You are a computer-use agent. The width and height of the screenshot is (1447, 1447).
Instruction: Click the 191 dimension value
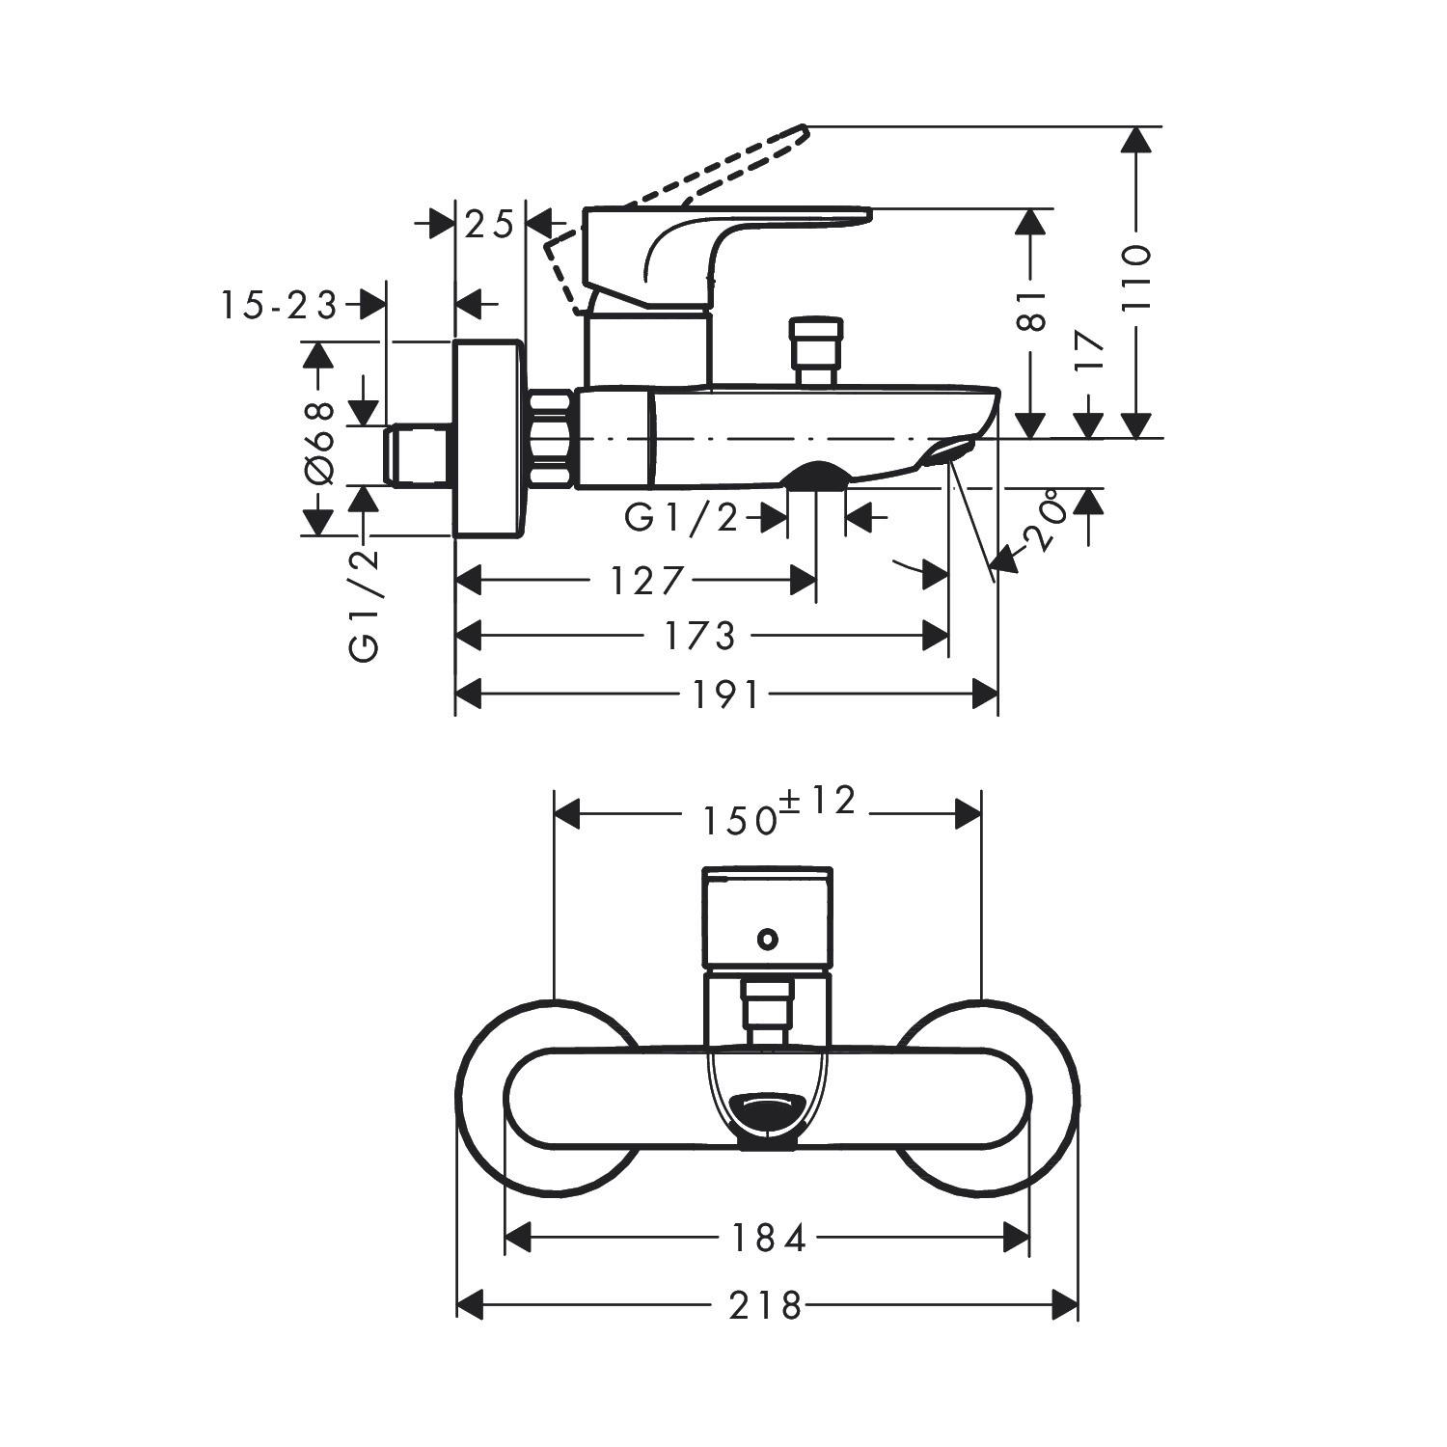[726, 695]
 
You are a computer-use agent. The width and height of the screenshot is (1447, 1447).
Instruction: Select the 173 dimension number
[699, 636]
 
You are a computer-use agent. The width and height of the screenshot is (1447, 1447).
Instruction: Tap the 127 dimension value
[646, 581]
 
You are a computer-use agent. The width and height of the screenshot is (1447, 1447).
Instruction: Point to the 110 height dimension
[1137, 278]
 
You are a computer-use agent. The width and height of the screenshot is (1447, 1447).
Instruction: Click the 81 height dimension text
[1031, 310]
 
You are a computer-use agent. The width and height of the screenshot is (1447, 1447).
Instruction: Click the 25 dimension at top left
[489, 225]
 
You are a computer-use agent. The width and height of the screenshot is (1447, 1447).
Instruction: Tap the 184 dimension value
[767, 1239]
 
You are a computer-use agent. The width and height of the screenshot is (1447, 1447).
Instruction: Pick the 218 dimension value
[765, 1306]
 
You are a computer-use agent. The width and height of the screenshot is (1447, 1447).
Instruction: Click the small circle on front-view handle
[767, 938]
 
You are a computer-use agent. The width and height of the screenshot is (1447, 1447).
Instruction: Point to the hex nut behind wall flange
[552, 439]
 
